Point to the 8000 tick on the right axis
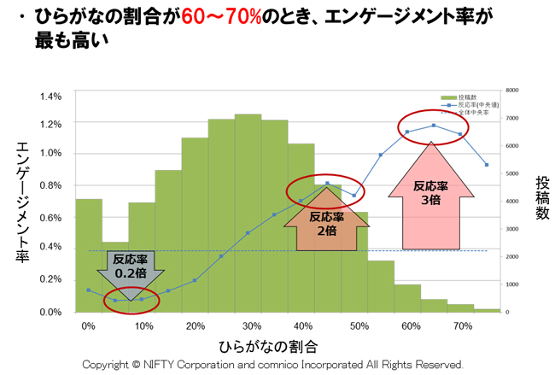(512, 90)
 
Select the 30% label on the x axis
(251, 325)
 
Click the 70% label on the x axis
(464, 325)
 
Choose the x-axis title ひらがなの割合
(268, 346)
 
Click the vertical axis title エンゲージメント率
(23, 202)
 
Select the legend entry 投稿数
(467, 97)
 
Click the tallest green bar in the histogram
(248, 214)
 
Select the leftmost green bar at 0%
(88, 256)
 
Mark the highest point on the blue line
(434, 126)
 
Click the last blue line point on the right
(487, 164)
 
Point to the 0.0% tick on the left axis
(50, 311)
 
